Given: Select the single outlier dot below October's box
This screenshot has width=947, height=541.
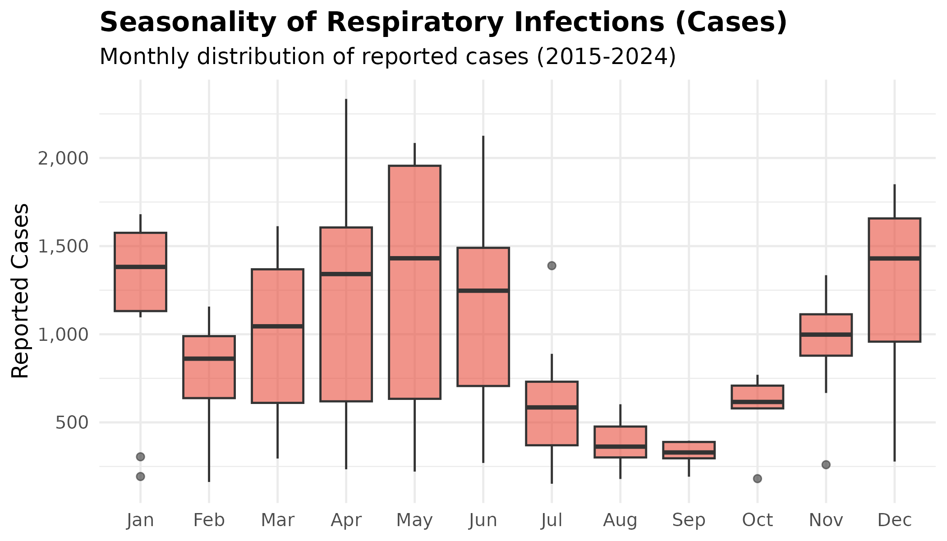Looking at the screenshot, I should [757, 478].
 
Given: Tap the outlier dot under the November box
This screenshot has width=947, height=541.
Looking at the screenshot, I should [826, 464].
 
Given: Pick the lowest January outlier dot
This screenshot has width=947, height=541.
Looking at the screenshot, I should [140, 476].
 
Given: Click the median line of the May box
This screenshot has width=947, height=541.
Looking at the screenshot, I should [414, 258].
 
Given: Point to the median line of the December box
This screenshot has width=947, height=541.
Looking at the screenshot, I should [894, 258].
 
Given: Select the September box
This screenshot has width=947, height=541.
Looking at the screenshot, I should [689, 450].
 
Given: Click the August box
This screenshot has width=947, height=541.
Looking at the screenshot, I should [620, 442].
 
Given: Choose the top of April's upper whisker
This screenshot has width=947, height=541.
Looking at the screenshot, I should [346, 100].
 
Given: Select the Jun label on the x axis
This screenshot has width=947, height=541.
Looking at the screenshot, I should [483, 520].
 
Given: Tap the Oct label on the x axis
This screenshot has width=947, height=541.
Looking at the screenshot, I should [757, 520].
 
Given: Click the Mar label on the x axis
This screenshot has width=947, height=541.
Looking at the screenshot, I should [277, 520].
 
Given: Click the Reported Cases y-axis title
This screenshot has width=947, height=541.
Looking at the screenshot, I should [20, 291].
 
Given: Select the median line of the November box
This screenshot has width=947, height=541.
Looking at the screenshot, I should [826, 334].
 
